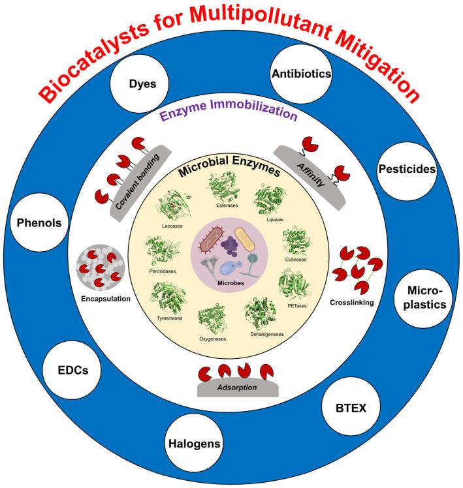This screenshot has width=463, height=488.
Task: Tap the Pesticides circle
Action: (x=407, y=168)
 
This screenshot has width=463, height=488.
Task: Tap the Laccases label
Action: (x=172, y=226)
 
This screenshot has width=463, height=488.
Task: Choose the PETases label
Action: (x=296, y=306)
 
